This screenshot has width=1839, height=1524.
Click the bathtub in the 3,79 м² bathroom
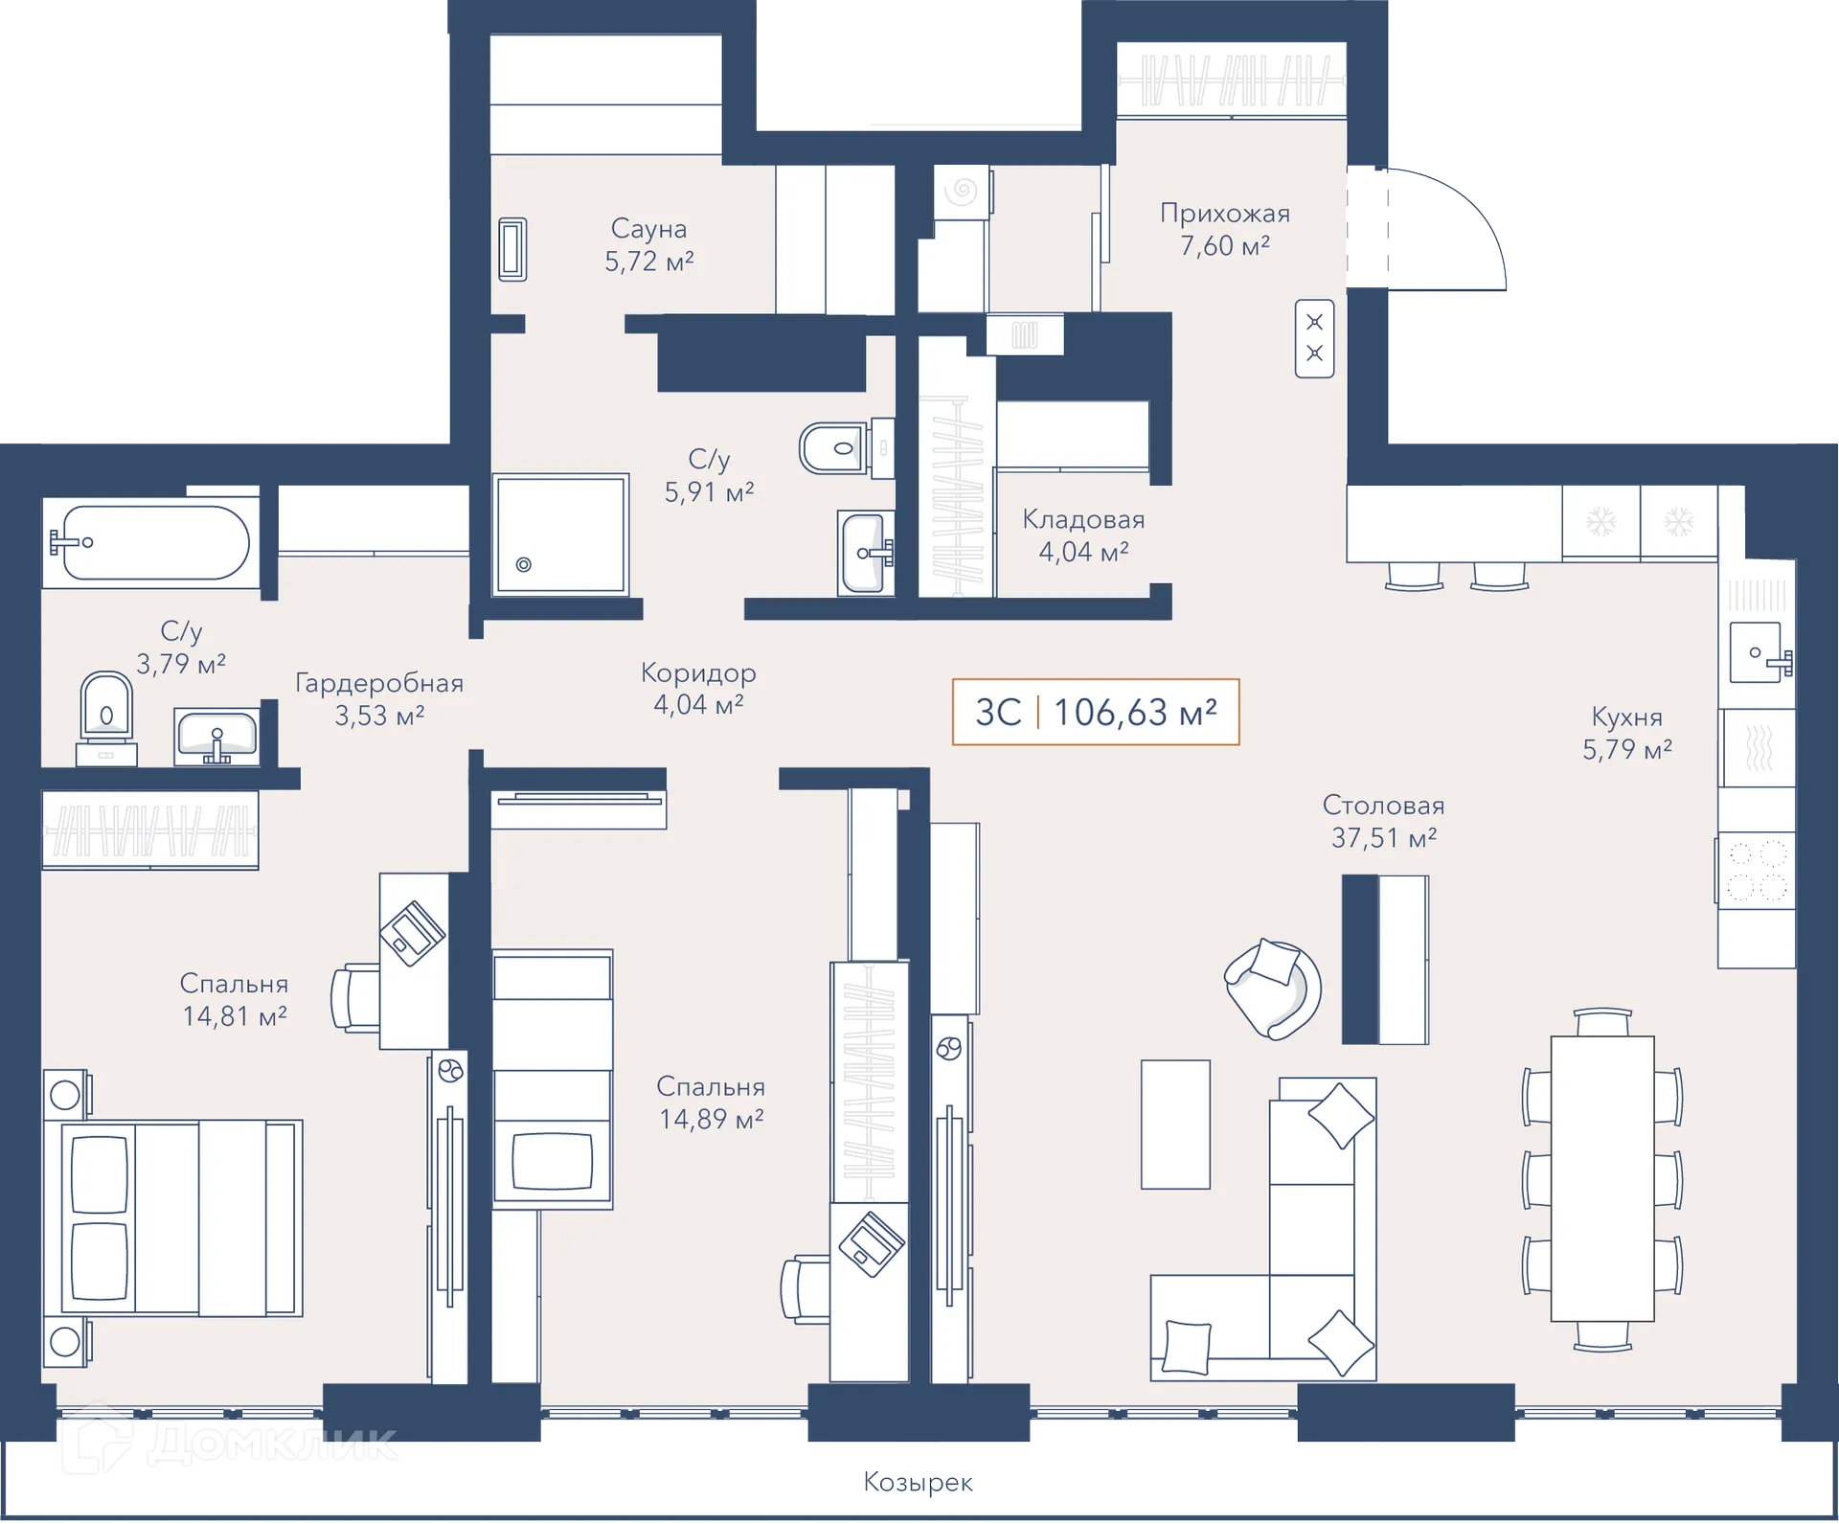[x=151, y=543]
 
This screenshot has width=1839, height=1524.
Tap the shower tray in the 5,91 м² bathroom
[x=561, y=535]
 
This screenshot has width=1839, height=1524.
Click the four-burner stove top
[x=1755, y=871]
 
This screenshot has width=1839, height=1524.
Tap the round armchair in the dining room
[x=1273, y=989]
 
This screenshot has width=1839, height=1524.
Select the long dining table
[x=1602, y=1180]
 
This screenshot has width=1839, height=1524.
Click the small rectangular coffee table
[x=1175, y=1125]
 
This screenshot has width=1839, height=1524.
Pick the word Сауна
[x=649, y=229]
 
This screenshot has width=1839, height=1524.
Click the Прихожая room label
[x=1225, y=214]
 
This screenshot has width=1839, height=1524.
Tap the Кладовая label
[x=1083, y=520]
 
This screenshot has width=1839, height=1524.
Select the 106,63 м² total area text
[x=1135, y=713]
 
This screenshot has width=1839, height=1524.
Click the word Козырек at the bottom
[x=918, y=1483]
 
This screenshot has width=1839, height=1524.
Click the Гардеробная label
[x=379, y=684]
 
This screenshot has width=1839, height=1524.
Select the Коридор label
[x=698, y=673]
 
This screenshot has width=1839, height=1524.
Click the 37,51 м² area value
[x=1384, y=838]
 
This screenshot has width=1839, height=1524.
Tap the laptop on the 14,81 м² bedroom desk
[x=412, y=933]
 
